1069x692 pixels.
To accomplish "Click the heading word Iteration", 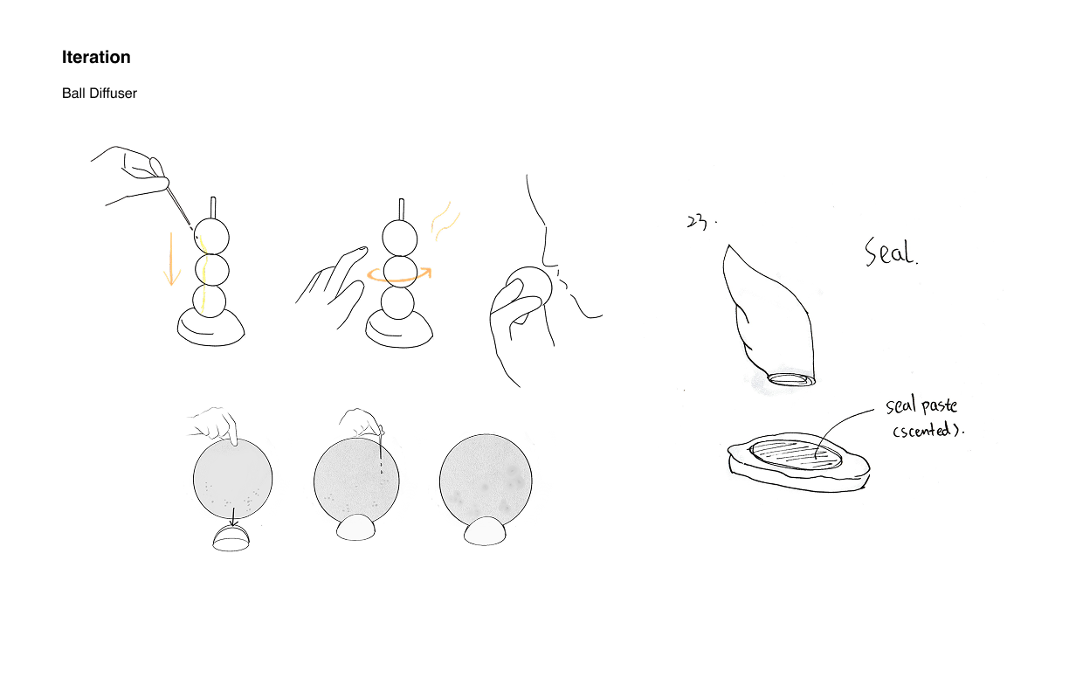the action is pyautogui.click(x=96, y=57).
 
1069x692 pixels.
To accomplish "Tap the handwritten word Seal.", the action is pyautogui.click(x=891, y=252).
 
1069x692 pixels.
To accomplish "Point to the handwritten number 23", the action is pyautogui.click(x=697, y=222).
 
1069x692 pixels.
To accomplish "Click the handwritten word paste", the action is pyautogui.click(x=939, y=406).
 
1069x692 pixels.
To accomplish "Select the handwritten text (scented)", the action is pyautogui.click(x=928, y=431).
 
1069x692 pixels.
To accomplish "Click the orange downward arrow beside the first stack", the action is pyautogui.click(x=172, y=259).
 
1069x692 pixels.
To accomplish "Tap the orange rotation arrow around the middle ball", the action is pyautogui.click(x=399, y=275).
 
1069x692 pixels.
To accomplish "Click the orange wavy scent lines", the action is pyautogui.click(x=445, y=222).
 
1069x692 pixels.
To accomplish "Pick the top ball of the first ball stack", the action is pyautogui.click(x=212, y=237).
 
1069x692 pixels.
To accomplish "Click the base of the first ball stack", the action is pyautogui.click(x=211, y=329).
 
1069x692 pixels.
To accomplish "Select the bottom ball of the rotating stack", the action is pyautogui.click(x=397, y=303).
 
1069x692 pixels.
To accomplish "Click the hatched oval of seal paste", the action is pyautogui.click(x=796, y=453).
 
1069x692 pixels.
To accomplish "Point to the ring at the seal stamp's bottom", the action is pyautogui.click(x=791, y=380).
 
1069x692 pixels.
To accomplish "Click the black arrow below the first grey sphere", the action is pyautogui.click(x=233, y=516).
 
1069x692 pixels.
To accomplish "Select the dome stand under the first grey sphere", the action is pyautogui.click(x=231, y=539).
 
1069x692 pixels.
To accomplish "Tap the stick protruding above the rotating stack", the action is pyautogui.click(x=402, y=210).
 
